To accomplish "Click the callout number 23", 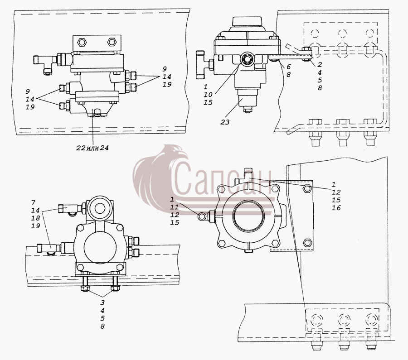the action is coord(225,122).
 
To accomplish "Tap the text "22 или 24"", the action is coord(92,148).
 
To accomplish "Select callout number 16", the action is coord(336,208).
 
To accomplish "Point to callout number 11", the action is coord(175,207).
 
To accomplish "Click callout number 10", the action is coord(208,95).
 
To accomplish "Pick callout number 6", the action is coord(289,67).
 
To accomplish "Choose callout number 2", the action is coord(320,64).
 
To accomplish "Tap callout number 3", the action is coord(102,302).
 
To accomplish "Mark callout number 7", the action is coord(33,202).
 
